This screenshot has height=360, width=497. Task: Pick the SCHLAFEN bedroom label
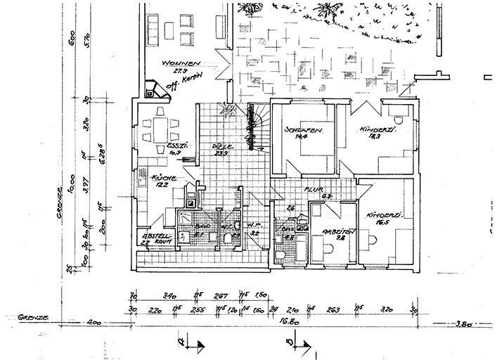click(304, 130)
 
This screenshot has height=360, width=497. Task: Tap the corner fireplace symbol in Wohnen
click(151, 89)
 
